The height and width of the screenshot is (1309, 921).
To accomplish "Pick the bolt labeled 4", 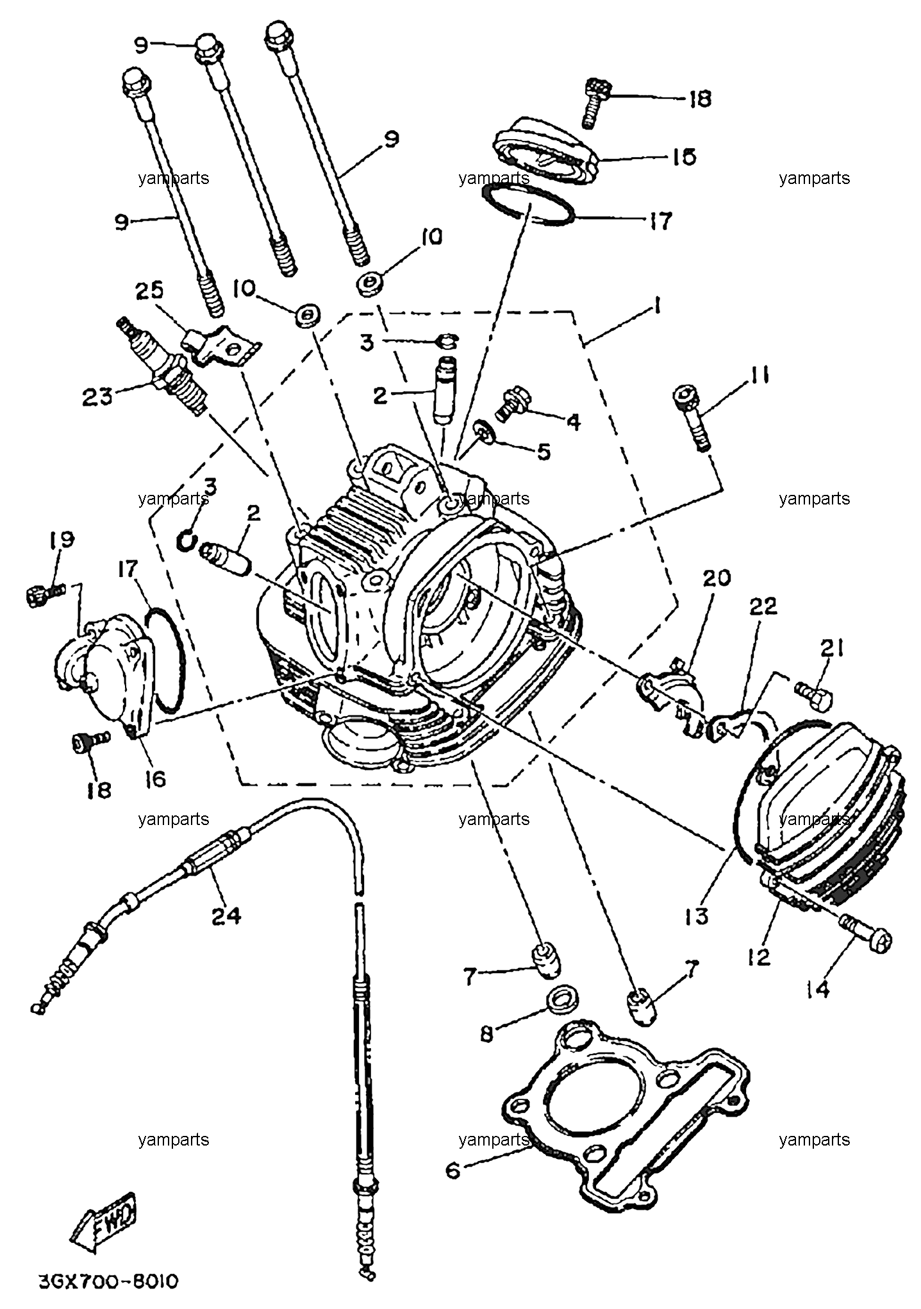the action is (x=512, y=403).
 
